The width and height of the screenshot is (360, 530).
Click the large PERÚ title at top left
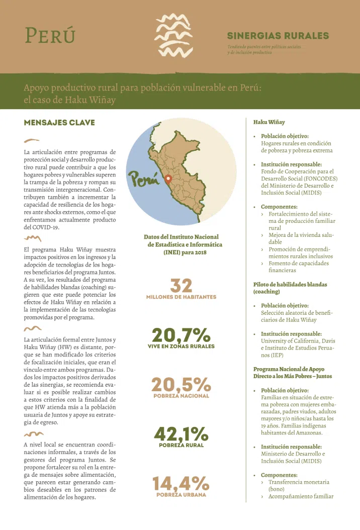coord(50,35)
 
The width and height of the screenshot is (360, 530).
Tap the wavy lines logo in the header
coord(173,35)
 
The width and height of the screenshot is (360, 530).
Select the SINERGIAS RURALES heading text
coord(278,36)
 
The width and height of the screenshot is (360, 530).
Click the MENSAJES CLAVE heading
coord(59,123)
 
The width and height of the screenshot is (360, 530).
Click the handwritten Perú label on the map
coord(143,178)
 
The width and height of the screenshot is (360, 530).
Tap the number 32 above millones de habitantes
coord(181,286)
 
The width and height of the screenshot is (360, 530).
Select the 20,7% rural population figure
coord(181,335)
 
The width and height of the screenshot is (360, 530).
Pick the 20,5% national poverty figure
coord(181,385)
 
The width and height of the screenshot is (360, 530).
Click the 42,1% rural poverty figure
coord(181,434)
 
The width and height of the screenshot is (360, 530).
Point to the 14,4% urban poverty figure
coord(181,483)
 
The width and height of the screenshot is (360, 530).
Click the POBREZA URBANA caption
coord(181,495)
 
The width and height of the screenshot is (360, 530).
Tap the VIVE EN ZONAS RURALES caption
coord(181,346)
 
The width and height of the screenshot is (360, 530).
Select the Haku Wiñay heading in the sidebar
coord(269,122)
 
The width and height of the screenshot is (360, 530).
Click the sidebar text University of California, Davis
coord(297,341)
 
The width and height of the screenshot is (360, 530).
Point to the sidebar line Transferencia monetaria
coord(299,482)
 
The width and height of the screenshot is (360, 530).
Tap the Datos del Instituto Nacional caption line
coord(181,237)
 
